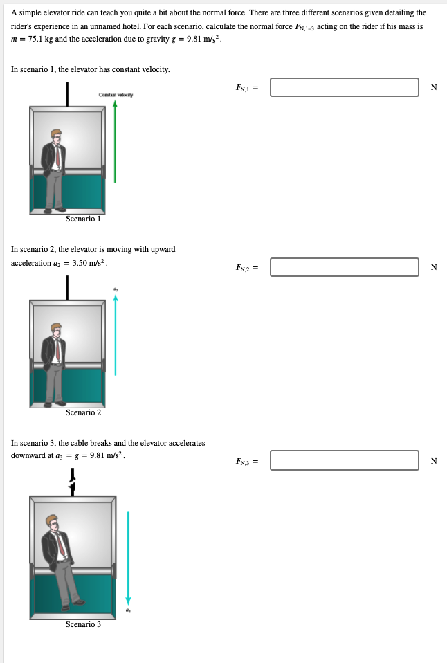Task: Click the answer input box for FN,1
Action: (344, 87)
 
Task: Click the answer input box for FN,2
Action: (344, 267)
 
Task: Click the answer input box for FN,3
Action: (344, 460)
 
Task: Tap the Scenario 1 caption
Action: (83, 219)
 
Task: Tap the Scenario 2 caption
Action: (83, 412)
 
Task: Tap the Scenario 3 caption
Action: (83, 624)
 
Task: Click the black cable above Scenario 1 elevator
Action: (67, 93)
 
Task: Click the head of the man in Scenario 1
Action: (55, 135)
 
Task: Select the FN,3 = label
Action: (246, 461)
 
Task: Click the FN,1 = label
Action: (246, 88)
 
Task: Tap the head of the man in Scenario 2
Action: (55, 329)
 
